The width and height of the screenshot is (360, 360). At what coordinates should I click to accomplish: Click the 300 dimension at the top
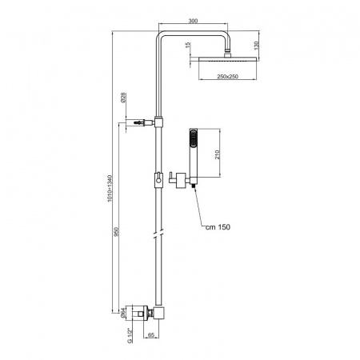pos(193,21)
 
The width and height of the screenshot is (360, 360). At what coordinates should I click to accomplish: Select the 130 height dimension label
pos(257,46)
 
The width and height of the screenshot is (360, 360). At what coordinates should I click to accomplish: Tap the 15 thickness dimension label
pos(188,45)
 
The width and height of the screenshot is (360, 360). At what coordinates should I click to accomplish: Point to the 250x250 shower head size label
pos(227,77)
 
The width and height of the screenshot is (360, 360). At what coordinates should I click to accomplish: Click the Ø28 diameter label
pos(123,98)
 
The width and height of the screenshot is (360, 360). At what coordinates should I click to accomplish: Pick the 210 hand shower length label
pos(218,154)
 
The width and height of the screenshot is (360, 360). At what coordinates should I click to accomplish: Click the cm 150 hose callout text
pos(218,227)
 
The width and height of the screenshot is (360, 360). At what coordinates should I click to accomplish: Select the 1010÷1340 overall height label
pos(110,188)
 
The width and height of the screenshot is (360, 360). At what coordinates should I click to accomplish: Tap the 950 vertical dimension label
pos(116,231)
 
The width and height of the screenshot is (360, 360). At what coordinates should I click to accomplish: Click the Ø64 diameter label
pos(123,313)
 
